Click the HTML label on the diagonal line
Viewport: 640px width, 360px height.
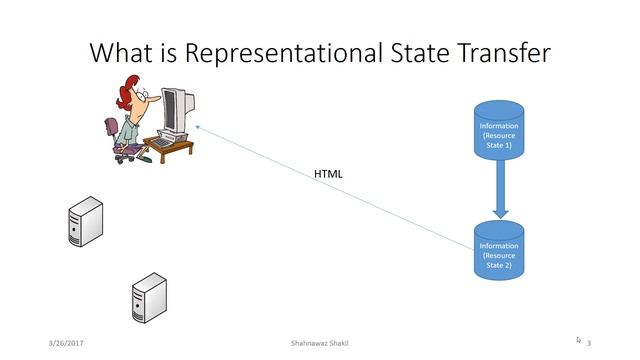pyautogui.click(x=328, y=174)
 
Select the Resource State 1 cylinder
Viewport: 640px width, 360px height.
pyautogui.click(x=498, y=131)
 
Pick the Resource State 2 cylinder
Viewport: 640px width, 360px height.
pyautogui.click(x=498, y=251)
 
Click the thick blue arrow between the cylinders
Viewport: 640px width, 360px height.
pyautogui.click(x=501, y=190)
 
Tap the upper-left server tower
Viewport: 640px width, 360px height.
pyautogui.click(x=84, y=222)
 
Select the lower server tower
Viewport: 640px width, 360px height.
pyautogui.click(x=149, y=297)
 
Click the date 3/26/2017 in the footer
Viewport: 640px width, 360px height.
pyautogui.click(x=66, y=343)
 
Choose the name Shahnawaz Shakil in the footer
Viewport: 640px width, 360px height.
pyautogui.click(x=319, y=343)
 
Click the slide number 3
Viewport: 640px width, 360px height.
pyautogui.click(x=590, y=343)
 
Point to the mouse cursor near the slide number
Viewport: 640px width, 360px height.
pyautogui.click(x=578, y=340)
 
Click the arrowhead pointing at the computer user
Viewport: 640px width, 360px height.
pyautogui.click(x=199, y=127)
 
